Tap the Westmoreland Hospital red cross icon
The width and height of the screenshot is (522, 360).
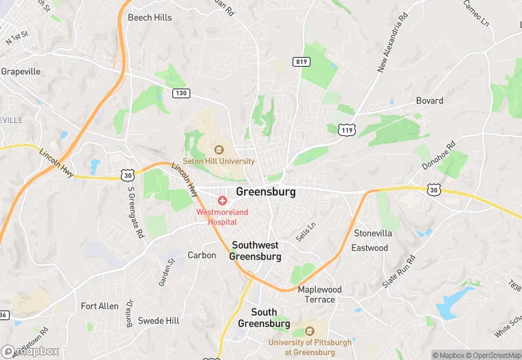pyautogui.click(x=223, y=200)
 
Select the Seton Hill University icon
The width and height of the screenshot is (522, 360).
pyautogui.click(x=219, y=149)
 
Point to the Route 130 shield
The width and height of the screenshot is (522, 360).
pyautogui.click(x=180, y=93)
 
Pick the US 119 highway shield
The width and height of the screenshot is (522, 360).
pyautogui.click(x=348, y=129)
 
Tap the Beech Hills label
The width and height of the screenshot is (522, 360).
pyautogui.click(x=150, y=17)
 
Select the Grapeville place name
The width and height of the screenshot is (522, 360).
pyautogui.click(x=21, y=71)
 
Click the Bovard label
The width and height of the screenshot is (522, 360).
pyautogui.click(x=429, y=100)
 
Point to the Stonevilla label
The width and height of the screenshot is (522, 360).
pyautogui.click(x=373, y=233)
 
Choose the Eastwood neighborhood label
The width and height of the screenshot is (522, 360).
pyautogui.click(x=370, y=247)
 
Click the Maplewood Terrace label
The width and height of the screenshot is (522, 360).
pyautogui.click(x=320, y=294)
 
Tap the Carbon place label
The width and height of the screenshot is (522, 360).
pyautogui.click(x=202, y=255)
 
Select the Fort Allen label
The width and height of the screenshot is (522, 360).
pyautogui.click(x=100, y=306)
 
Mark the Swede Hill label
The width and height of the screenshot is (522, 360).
pyautogui.click(x=159, y=320)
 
